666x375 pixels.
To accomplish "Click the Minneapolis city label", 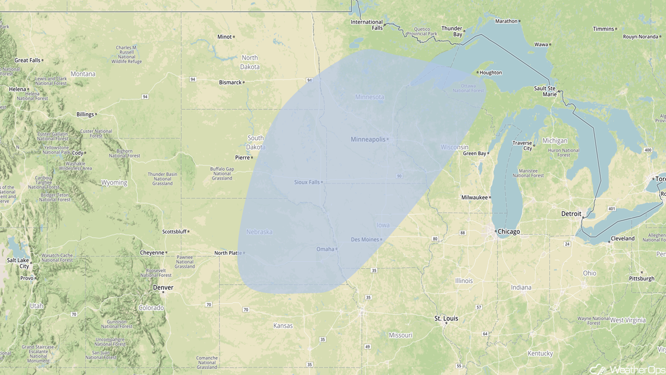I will [x=368, y=139].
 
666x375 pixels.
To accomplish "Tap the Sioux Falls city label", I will [x=307, y=182].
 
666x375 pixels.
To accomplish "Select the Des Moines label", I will [x=365, y=240].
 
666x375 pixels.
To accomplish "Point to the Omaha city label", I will [x=325, y=249].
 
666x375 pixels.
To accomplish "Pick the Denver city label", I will [x=163, y=287].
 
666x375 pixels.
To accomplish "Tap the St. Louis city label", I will [x=446, y=318].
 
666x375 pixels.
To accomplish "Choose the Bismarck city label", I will [x=230, y=82].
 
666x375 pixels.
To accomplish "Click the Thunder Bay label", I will [x=452, y=31].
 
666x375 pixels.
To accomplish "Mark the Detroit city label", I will [x=571, y=214].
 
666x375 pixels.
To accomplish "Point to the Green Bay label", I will [x=475, y=154].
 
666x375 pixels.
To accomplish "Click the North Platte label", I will [x=227, y=253].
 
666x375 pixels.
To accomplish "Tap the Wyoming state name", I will [x=114, y=183].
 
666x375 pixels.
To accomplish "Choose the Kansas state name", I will [x=283, y=326].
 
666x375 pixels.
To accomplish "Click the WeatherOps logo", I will [x=626, y=369].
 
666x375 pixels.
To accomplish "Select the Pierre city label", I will [x=242, y=157].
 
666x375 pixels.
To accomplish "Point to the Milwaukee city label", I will [x=475, y=197].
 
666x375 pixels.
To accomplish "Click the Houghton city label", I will [x=490, y=73].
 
